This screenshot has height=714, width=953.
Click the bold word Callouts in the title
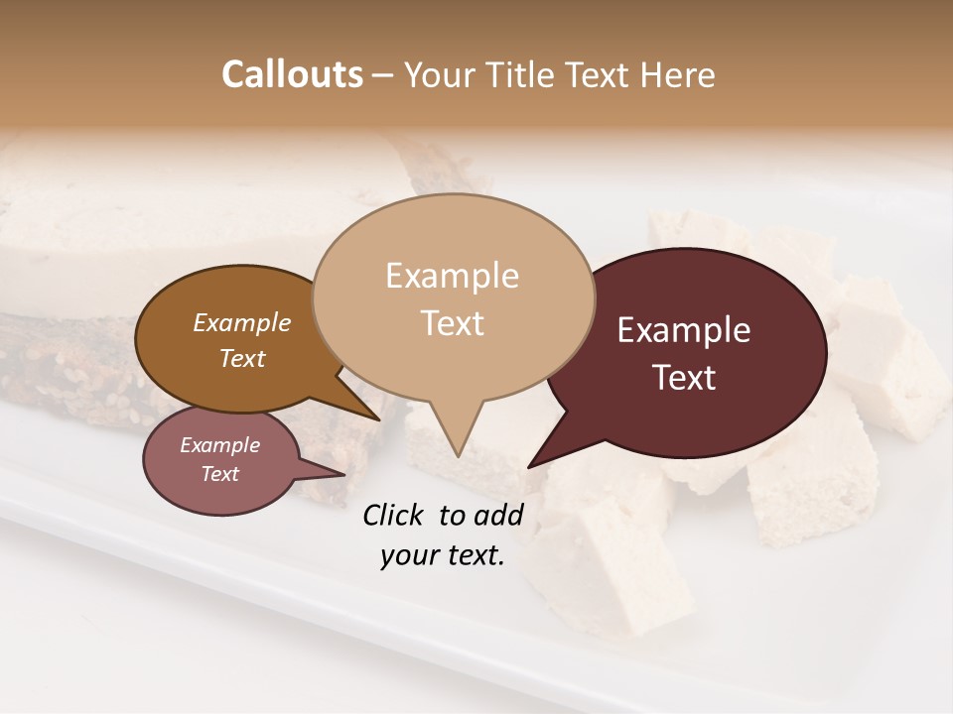coord(292,74)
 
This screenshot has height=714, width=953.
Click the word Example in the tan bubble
coord(452,276)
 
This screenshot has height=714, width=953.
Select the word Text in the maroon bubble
coord(685,378)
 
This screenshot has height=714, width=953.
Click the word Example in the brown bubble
coord(241,323)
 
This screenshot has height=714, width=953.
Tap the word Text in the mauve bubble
coord(220,474)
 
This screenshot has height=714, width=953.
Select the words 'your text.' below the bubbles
coord(443,555)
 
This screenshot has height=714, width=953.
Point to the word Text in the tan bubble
coord(452,323)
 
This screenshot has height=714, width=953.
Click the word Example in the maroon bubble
coord(683,330)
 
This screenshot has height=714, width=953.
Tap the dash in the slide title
coord(384,75)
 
